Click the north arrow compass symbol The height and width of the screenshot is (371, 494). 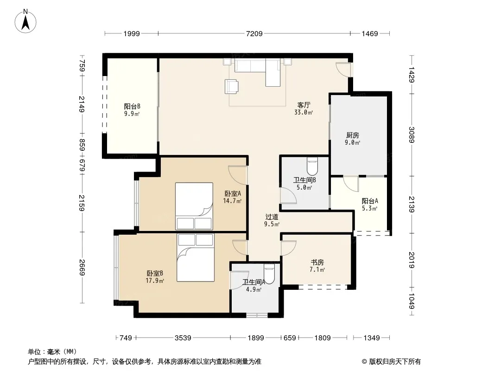(25, 21)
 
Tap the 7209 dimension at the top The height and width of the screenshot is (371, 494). (254, 33)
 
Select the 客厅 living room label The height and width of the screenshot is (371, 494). (304, 105)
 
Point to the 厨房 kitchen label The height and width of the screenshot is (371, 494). (353, 135)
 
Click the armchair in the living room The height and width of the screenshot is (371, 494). (231, 87)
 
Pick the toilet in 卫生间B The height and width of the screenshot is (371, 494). (312, 166)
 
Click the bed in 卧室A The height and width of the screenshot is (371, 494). (194, 206)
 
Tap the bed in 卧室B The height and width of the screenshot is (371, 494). (196, 257)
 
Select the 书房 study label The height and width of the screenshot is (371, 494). (317, 262)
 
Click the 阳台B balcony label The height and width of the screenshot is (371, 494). (132, 106)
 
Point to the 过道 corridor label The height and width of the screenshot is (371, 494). (272, 217)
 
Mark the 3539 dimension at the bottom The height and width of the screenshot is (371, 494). (183, 338)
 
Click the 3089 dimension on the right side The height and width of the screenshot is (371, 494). (412, 134)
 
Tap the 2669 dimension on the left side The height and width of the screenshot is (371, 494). (82, 267)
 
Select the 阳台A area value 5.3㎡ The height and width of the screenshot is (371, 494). (369, 208)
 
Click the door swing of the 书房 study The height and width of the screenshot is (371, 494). (289, 248)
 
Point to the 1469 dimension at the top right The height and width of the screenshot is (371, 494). (369, 33)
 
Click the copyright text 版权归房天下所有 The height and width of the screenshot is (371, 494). (395, 362)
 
